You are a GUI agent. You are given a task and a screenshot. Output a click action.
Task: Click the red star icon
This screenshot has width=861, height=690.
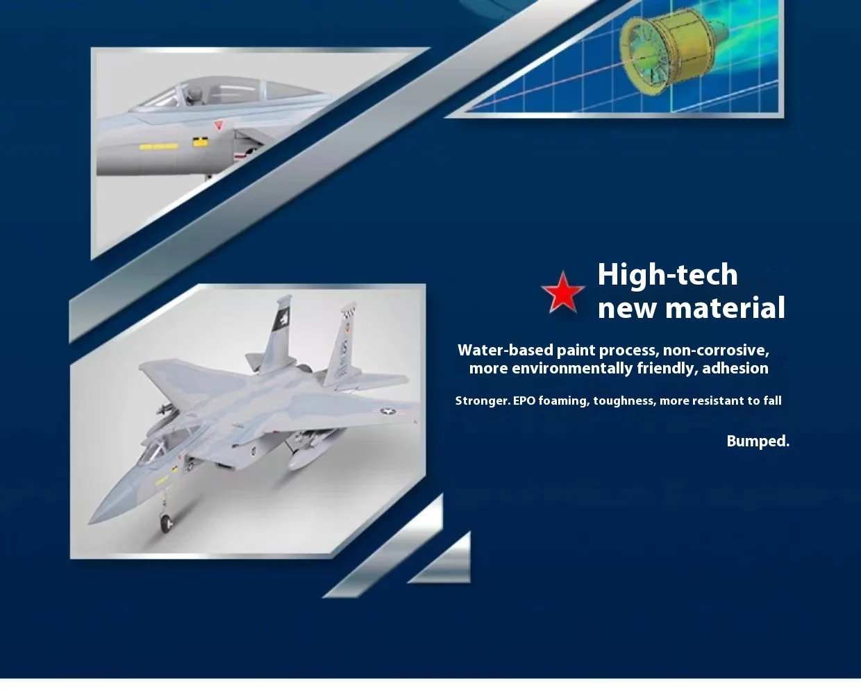(563, 292)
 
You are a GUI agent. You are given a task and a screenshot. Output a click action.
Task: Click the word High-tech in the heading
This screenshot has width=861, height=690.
(667, 275)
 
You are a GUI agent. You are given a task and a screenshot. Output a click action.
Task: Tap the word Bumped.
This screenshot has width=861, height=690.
(758, 441)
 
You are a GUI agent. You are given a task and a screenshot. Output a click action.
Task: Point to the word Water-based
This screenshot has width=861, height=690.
(505, 350)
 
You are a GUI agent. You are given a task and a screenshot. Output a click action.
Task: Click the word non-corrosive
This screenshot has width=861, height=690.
(716, 351)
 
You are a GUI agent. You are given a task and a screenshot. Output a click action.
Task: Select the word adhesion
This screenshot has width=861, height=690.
(735, 368)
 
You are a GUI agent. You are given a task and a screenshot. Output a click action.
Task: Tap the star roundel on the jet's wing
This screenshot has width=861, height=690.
(387, 411)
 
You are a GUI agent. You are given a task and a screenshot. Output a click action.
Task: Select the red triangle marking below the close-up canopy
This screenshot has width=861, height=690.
(219, 126)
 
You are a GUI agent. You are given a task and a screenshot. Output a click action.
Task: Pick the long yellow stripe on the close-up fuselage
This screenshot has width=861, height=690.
(158, 146)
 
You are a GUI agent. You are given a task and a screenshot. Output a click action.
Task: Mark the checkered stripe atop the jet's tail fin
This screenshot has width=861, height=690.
(349, 308)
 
